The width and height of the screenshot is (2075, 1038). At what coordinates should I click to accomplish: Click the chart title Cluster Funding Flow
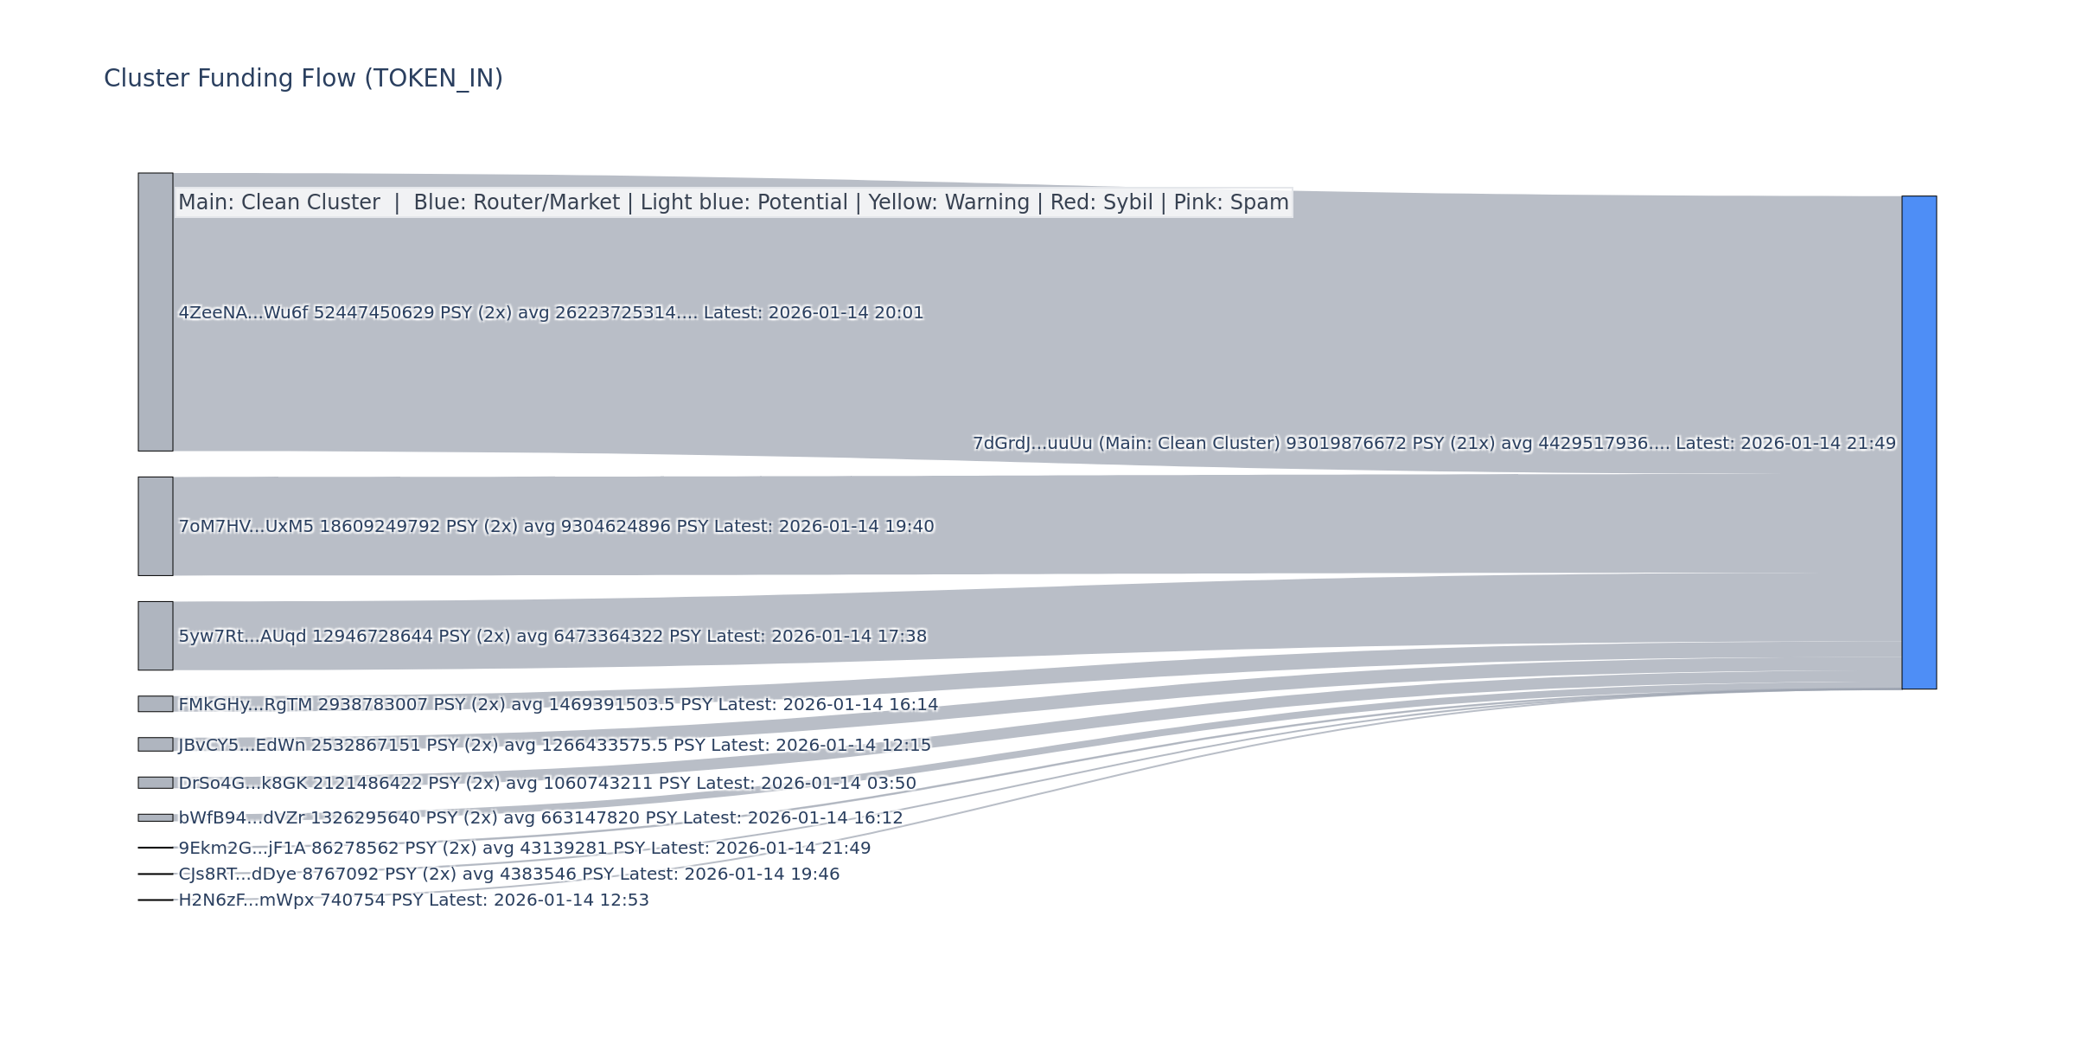coord(303,79)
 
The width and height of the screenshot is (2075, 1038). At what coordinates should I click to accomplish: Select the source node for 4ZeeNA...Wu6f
coord(156,311)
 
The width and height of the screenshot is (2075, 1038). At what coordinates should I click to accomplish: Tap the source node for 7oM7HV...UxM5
coord(156,526)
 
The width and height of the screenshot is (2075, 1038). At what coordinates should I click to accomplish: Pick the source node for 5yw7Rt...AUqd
coord(156,636)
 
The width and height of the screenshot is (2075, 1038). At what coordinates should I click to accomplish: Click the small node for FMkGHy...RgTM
coord(156,704)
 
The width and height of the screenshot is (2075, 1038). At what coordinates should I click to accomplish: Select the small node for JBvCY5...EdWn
coord(156,744)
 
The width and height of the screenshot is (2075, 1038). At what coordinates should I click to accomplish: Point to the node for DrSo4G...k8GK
coord(156,783)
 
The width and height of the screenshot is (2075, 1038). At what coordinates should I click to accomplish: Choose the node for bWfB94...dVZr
coord(156,817)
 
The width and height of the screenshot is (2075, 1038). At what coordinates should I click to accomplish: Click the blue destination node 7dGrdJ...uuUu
coord(1919,442)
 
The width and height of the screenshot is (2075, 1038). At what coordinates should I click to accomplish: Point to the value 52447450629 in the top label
coord(373,313)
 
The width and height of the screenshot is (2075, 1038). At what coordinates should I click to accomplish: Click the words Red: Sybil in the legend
coord(1101,202)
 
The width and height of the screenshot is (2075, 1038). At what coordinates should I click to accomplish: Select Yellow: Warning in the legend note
coord(948,202)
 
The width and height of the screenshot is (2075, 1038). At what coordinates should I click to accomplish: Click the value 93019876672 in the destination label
coord(1345,444)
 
